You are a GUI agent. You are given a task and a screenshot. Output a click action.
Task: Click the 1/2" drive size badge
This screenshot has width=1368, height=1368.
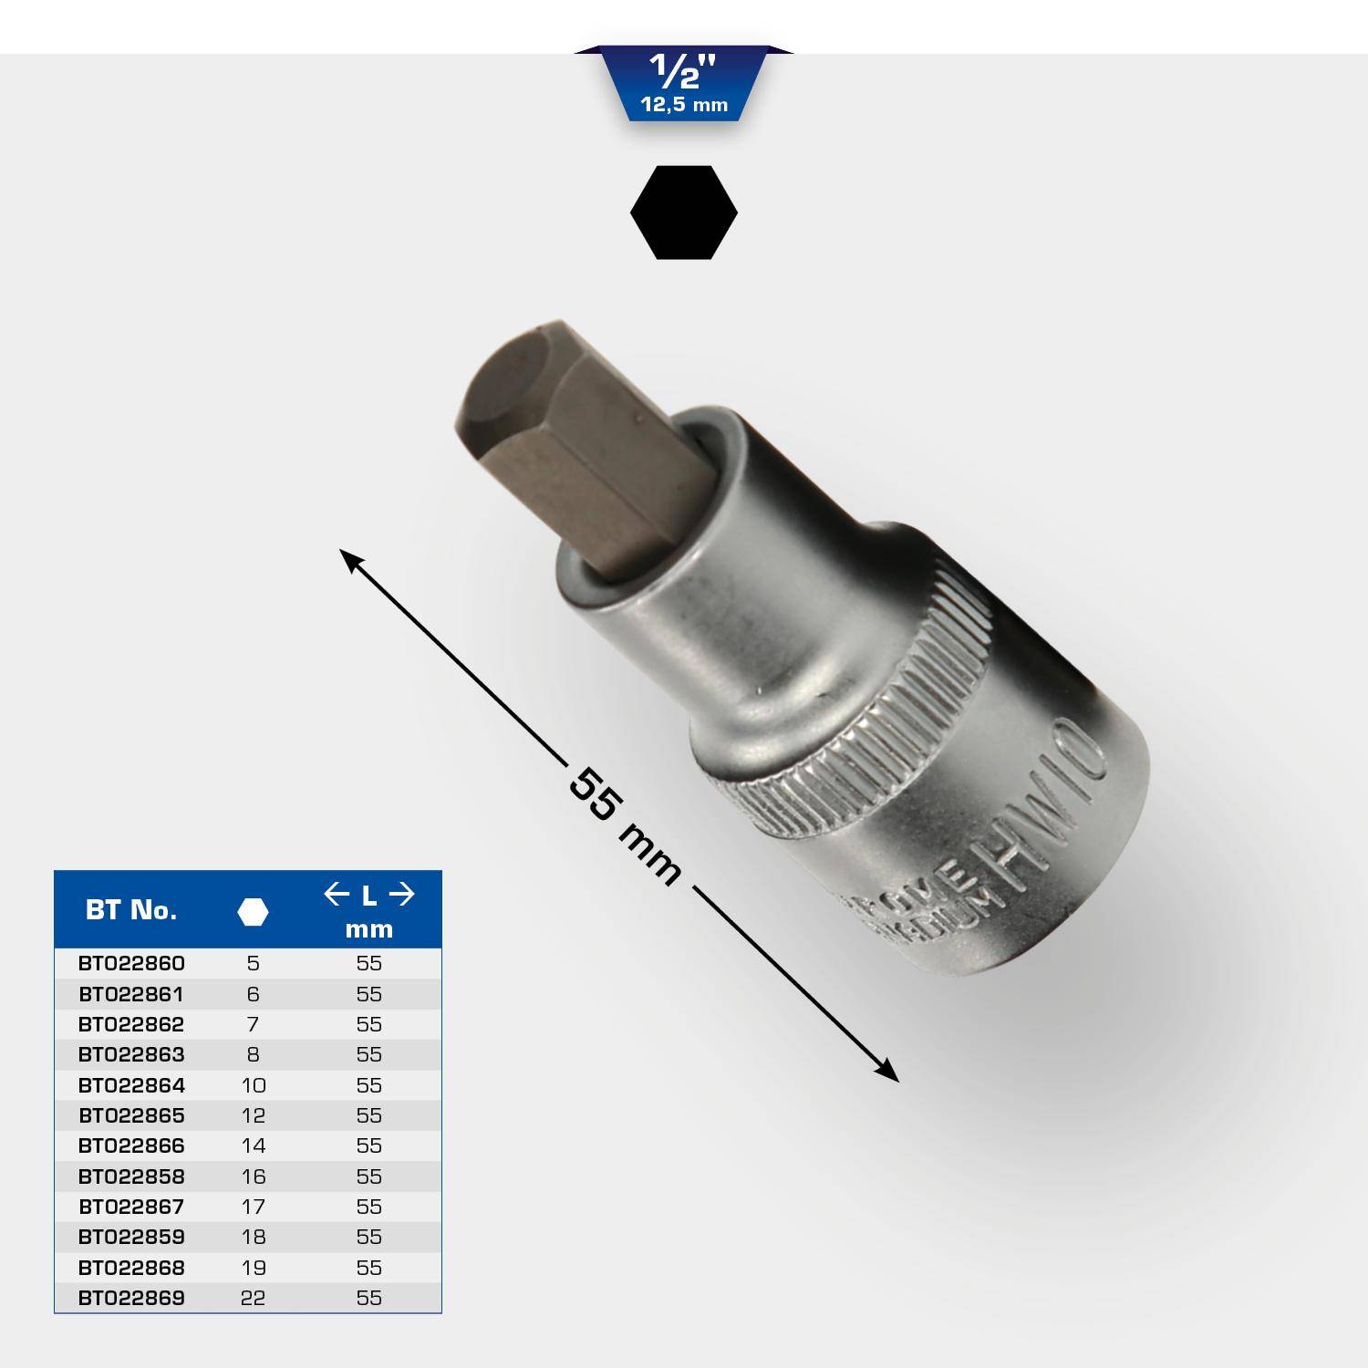point(684,85)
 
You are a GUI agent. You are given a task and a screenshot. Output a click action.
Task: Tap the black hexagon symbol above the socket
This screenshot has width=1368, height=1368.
point(684,212)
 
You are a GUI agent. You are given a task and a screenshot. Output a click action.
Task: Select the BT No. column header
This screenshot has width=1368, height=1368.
point(131,910)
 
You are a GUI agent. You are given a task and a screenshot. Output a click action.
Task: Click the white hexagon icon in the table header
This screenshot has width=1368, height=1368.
point(253,911)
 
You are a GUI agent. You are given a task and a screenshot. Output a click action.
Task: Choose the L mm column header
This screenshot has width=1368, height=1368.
point(368,911)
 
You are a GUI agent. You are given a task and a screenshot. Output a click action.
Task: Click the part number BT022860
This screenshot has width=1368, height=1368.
point(131,964)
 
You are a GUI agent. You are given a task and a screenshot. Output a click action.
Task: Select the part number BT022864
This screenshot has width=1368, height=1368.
point(131,1085)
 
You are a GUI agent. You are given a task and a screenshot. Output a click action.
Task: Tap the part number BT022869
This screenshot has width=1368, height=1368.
point(131,1298)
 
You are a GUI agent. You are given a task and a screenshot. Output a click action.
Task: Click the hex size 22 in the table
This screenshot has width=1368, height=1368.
point(253,1298)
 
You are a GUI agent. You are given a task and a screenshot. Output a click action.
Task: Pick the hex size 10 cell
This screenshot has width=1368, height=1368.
point(253,1085)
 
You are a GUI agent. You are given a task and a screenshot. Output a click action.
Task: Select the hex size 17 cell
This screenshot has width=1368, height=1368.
point(253,1207)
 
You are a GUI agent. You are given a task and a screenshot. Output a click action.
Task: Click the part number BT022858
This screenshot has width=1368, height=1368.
point(131,1176)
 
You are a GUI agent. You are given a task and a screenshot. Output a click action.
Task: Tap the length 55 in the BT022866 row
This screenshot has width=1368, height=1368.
point(368,1146)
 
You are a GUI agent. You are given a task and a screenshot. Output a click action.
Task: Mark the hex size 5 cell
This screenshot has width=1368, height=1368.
point(253,964)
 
